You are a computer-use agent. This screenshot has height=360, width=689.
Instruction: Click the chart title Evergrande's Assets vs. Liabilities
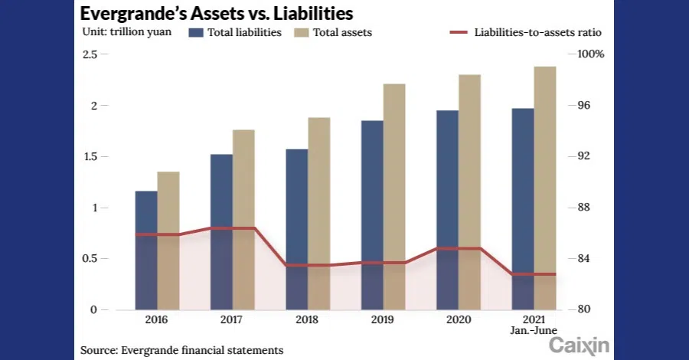click(x=217, y=13)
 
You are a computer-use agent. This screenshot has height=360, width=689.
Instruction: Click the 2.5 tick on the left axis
click(x=90, y=54)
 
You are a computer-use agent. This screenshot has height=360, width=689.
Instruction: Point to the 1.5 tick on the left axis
click(x=90, y=156)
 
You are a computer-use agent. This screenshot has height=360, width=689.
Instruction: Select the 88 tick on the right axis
click(x=584, y=208)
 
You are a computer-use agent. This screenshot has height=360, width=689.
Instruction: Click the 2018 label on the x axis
click(x=308, y=319)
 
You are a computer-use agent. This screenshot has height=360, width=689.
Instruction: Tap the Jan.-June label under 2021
click(x=534, y=330)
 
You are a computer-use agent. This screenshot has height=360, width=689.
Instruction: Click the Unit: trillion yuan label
click(x=125, y=33)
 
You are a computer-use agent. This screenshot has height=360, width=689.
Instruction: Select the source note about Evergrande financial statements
click(x=181, y=350)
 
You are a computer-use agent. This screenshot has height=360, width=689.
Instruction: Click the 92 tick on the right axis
click(x=584, y=156)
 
